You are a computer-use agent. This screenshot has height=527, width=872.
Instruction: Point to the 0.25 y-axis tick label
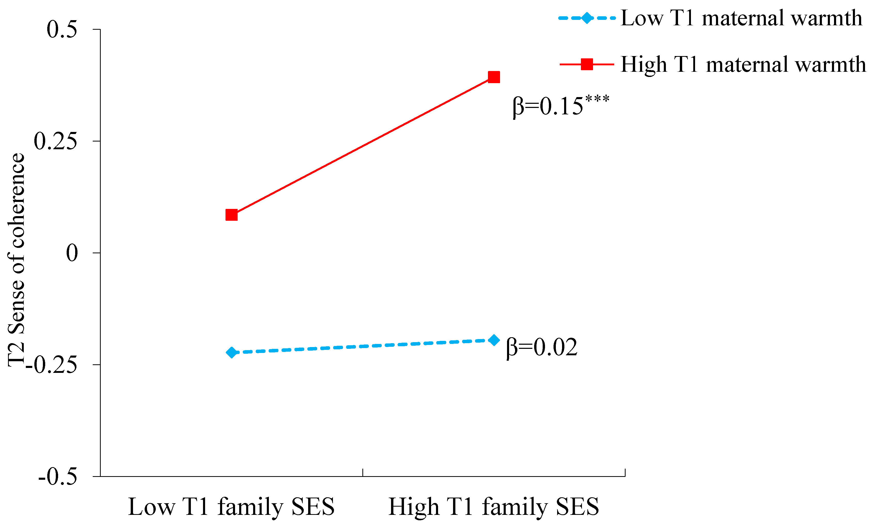click(55, 141)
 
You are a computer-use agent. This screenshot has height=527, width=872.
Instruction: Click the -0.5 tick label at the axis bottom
click(58, 477)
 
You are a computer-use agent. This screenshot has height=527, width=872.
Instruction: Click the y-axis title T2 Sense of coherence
click(16, 260)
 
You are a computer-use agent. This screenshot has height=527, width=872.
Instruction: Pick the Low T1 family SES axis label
click(231, 507)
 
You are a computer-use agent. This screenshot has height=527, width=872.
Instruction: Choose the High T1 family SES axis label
click(494, 507)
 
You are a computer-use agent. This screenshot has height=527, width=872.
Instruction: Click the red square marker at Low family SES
click(231, 215)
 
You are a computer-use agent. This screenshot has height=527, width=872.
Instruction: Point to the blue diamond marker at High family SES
click(494, 340)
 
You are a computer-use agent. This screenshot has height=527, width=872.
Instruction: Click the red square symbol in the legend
click(587, 64)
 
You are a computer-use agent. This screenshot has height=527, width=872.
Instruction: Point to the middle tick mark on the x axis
click(363, 473)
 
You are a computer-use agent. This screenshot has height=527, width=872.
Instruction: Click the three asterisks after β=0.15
click(597, 98)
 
